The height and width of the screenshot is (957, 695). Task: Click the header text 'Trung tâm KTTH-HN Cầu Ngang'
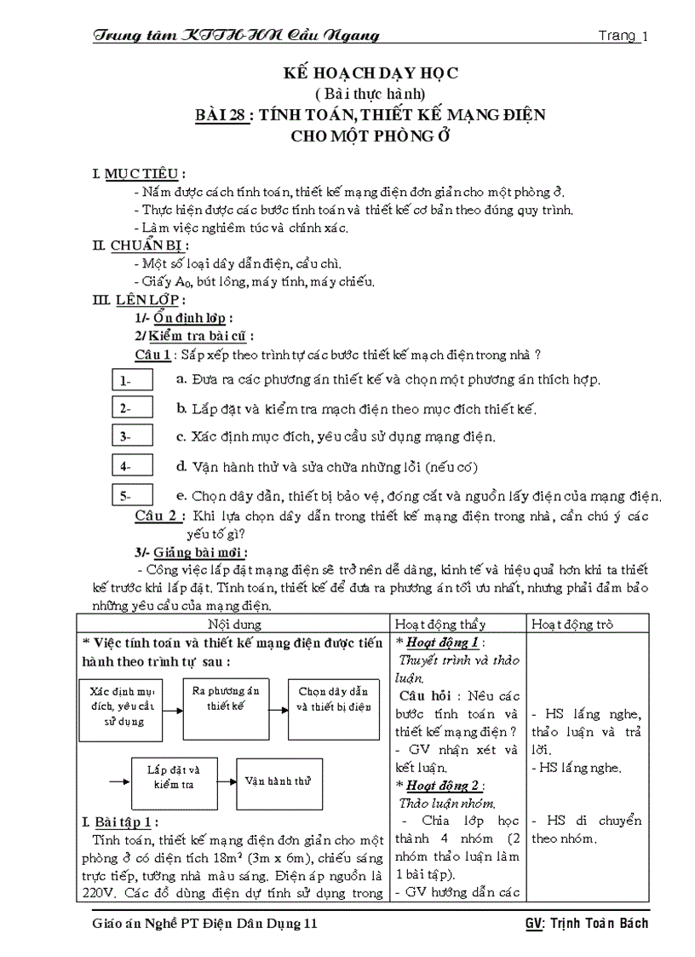235,35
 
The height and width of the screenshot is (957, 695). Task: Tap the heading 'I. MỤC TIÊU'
139,174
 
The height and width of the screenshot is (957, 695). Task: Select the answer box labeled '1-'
132,380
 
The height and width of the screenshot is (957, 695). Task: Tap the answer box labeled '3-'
132,436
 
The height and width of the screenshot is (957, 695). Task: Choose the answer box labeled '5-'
132,495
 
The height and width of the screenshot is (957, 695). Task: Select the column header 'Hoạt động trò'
572,624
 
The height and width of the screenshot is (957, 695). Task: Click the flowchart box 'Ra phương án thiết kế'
226,699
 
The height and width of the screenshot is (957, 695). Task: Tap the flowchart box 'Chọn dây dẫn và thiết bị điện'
333,699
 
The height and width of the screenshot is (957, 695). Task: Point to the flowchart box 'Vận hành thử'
278,780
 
